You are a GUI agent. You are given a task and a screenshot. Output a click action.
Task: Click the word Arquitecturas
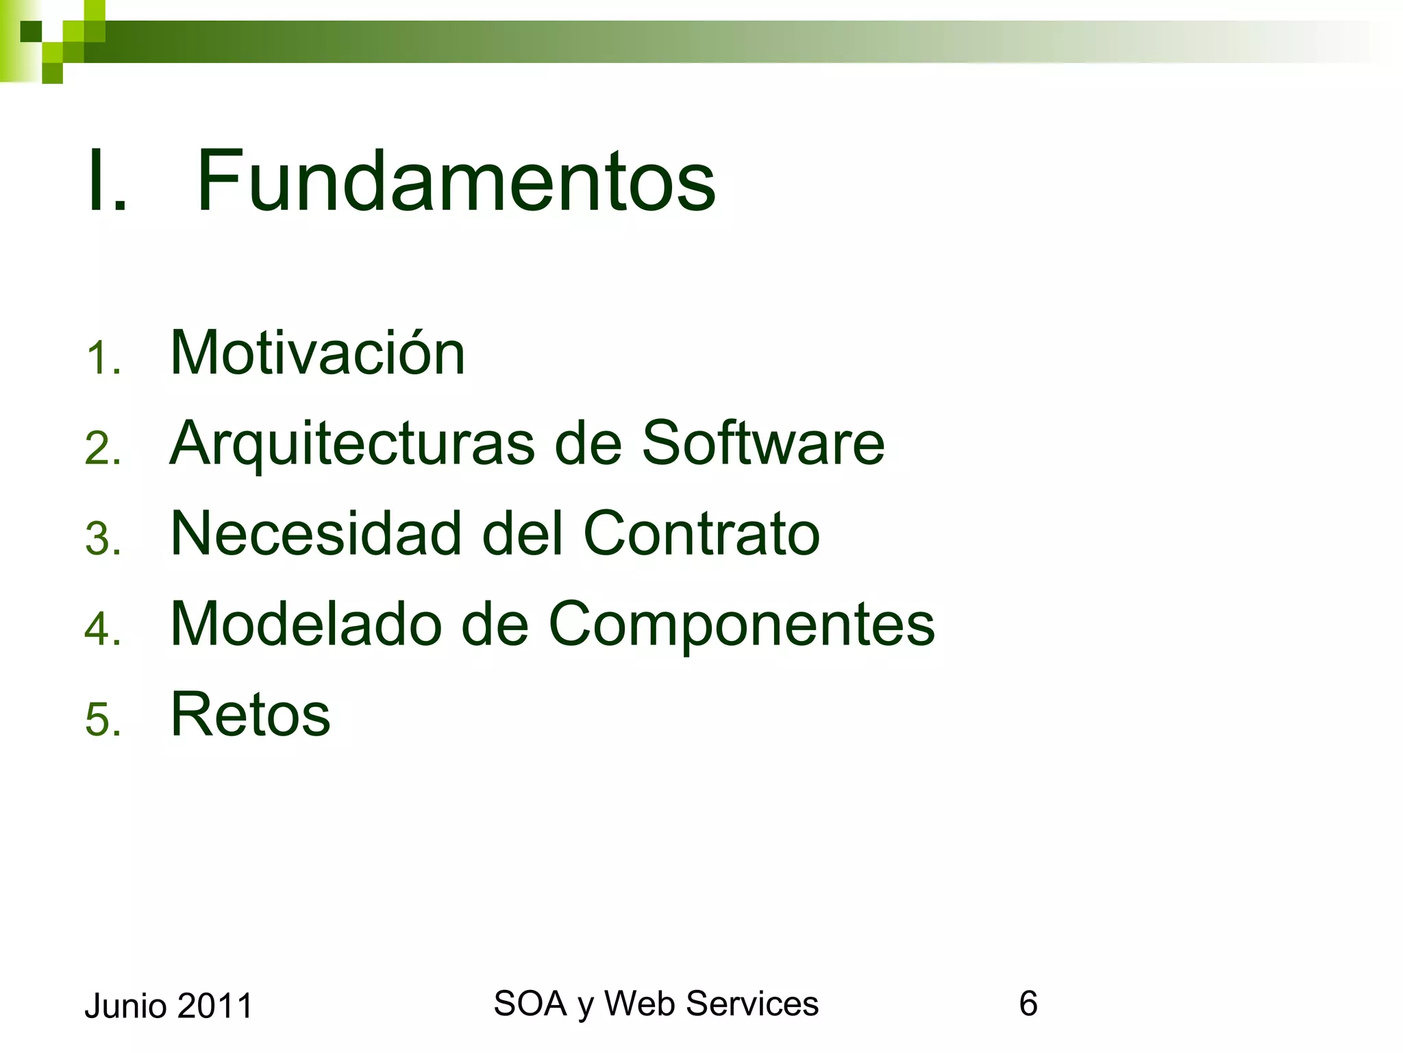coord(352,444)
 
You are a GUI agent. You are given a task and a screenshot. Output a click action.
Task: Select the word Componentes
coord(742,625)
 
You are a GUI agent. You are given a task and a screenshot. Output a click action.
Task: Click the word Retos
coord(250,714)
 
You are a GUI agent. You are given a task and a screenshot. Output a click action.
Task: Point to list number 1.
coord(102,359)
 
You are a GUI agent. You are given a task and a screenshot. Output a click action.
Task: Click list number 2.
coord(102,449)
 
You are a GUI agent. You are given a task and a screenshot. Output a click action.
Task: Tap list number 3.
coord(102,539)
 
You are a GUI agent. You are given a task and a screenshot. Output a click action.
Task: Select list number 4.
coord(102,629)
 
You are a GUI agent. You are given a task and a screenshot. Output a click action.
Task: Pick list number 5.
coord(102,720)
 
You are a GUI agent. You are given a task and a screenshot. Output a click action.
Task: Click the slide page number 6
coord(1028,1004)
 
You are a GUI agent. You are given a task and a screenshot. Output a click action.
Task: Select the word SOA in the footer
coord(530,1004)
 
